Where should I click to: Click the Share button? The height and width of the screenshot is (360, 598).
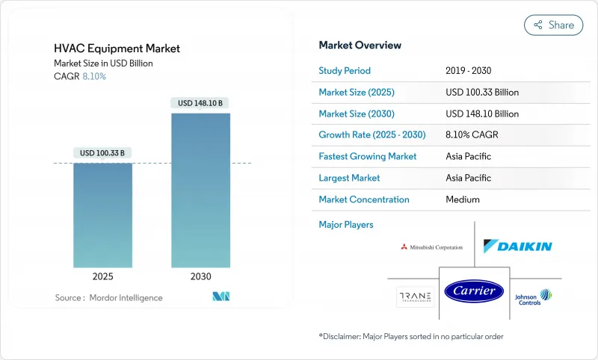pos(553,25)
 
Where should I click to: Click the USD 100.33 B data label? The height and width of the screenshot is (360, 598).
pos(102,153)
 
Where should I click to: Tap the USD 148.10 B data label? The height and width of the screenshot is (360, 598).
pos(200,103)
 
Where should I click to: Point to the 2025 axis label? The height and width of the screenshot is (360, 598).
pos(102,276)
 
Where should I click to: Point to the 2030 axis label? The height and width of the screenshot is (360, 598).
pos(200,276)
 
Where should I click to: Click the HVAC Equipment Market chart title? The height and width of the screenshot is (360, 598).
pos(117,49)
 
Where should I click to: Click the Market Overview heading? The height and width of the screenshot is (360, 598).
pos(360,46)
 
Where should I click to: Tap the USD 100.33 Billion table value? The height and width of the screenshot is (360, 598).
pos(482,93)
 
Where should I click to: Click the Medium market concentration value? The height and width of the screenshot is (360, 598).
pos(463,199)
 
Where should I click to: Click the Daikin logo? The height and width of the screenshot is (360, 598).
pos(517,246)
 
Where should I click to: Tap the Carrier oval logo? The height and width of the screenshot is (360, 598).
pos(475,291)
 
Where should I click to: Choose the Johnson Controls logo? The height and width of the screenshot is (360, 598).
pos(533,297)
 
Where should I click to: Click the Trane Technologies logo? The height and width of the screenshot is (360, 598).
pos(416,297)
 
